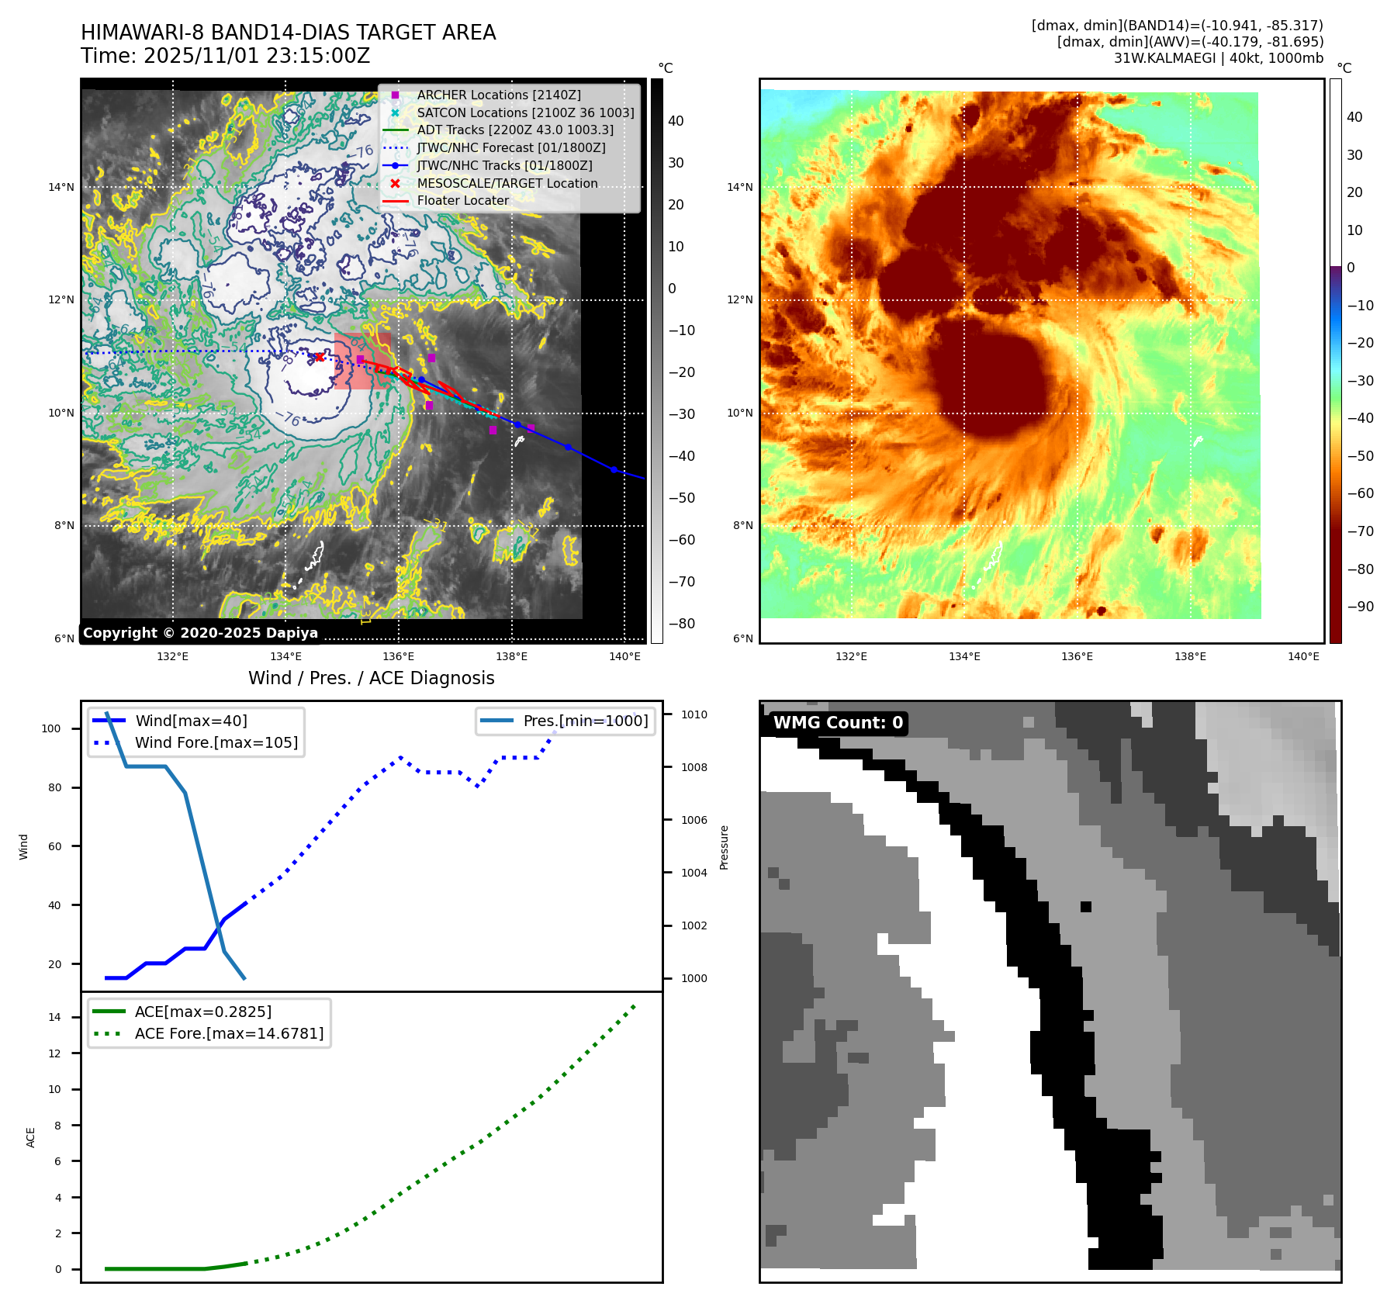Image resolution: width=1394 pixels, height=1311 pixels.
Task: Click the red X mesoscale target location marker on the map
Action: pyautogui.click(x=319, y=357)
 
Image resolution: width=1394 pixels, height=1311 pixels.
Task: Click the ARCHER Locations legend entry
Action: pyautogui.click(x=498, y=95)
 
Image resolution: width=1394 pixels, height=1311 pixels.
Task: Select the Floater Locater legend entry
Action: pyautogui.click(x=462, y=200)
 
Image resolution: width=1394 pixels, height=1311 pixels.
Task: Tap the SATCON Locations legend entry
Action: pyautogui.click(x=525, y=112)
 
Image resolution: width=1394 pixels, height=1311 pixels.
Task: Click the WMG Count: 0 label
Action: pyautogui.click(x=838, y=723)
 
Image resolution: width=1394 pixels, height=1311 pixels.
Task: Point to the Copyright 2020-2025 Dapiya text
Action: pyautogui.click(x=200, y=633)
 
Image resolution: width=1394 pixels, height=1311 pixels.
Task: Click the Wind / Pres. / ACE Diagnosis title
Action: pyautogui.click(x=371, y=678)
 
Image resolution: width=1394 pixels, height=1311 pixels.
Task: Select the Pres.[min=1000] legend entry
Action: pyautogui.click(x=585, y=721)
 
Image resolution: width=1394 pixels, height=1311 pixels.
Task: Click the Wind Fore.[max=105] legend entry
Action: pyautogui.click(x=216, y=742)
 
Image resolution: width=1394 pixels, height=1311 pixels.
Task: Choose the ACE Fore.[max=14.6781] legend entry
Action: pyautogui.click(x=229, y=1033)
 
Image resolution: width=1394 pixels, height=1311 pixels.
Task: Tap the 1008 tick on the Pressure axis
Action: pyautogui.click(x=694, y=767)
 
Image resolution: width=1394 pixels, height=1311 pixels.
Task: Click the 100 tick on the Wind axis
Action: pyautogui.click(x=51, y=728)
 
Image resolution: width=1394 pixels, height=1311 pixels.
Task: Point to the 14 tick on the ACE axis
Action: pyautogui.click(x=54, y=1017)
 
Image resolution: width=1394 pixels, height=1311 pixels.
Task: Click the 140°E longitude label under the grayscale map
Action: pyautogui.click(x=624, y=656)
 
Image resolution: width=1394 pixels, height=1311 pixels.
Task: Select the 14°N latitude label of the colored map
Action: pyautogui.click(x=739, y=187)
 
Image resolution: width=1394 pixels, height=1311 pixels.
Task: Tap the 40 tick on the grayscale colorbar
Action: pyautogui.click(x=676, y=121)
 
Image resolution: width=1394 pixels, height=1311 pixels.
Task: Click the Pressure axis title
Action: pyautogui.click(x=724, y=847)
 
